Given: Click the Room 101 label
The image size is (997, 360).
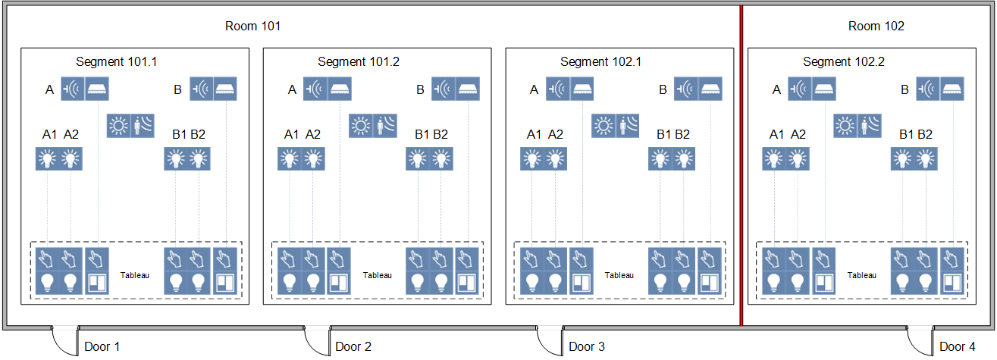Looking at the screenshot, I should [252, 27].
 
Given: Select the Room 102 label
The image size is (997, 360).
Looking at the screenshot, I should [876, 27].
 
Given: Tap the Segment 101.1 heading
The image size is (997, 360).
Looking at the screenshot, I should [117, 62].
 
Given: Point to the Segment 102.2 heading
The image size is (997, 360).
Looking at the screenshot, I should [844, 62].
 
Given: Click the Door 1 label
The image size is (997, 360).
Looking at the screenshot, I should [102, 347].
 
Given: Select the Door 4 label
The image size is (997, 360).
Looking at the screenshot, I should [957, 347].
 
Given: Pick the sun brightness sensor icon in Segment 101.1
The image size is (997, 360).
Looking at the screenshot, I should [118, 125].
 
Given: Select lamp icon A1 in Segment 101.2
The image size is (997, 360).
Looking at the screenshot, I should [290, 159].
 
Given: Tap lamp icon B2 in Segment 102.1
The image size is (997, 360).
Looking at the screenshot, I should [684, 159].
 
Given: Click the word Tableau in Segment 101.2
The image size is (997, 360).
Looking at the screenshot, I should [377, 275].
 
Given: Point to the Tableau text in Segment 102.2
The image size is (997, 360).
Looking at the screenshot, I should [862, 275].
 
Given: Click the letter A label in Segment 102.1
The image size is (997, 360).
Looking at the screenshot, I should [534, 90].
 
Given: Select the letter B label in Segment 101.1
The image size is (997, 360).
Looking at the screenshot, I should [178, 90].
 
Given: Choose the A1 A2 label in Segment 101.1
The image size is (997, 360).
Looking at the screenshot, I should [61, 135].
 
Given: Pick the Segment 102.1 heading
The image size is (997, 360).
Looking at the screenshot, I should [601, 62].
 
